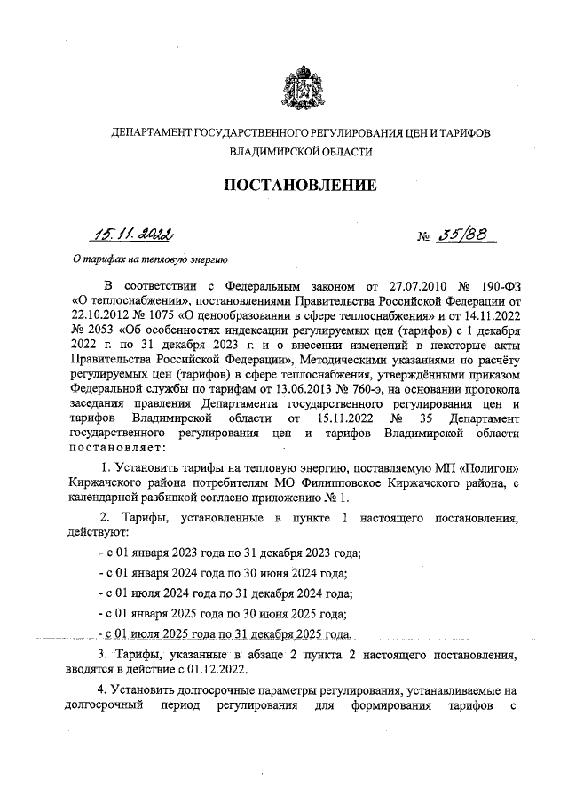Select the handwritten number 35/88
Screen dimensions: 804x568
coord(468,235)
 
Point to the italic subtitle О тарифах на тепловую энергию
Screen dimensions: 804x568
coord(150,260)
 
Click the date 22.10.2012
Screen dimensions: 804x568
coord(98,315)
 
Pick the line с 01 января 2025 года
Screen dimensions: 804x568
coord(222,614)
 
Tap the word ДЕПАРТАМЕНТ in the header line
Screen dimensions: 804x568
coord(146,132)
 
